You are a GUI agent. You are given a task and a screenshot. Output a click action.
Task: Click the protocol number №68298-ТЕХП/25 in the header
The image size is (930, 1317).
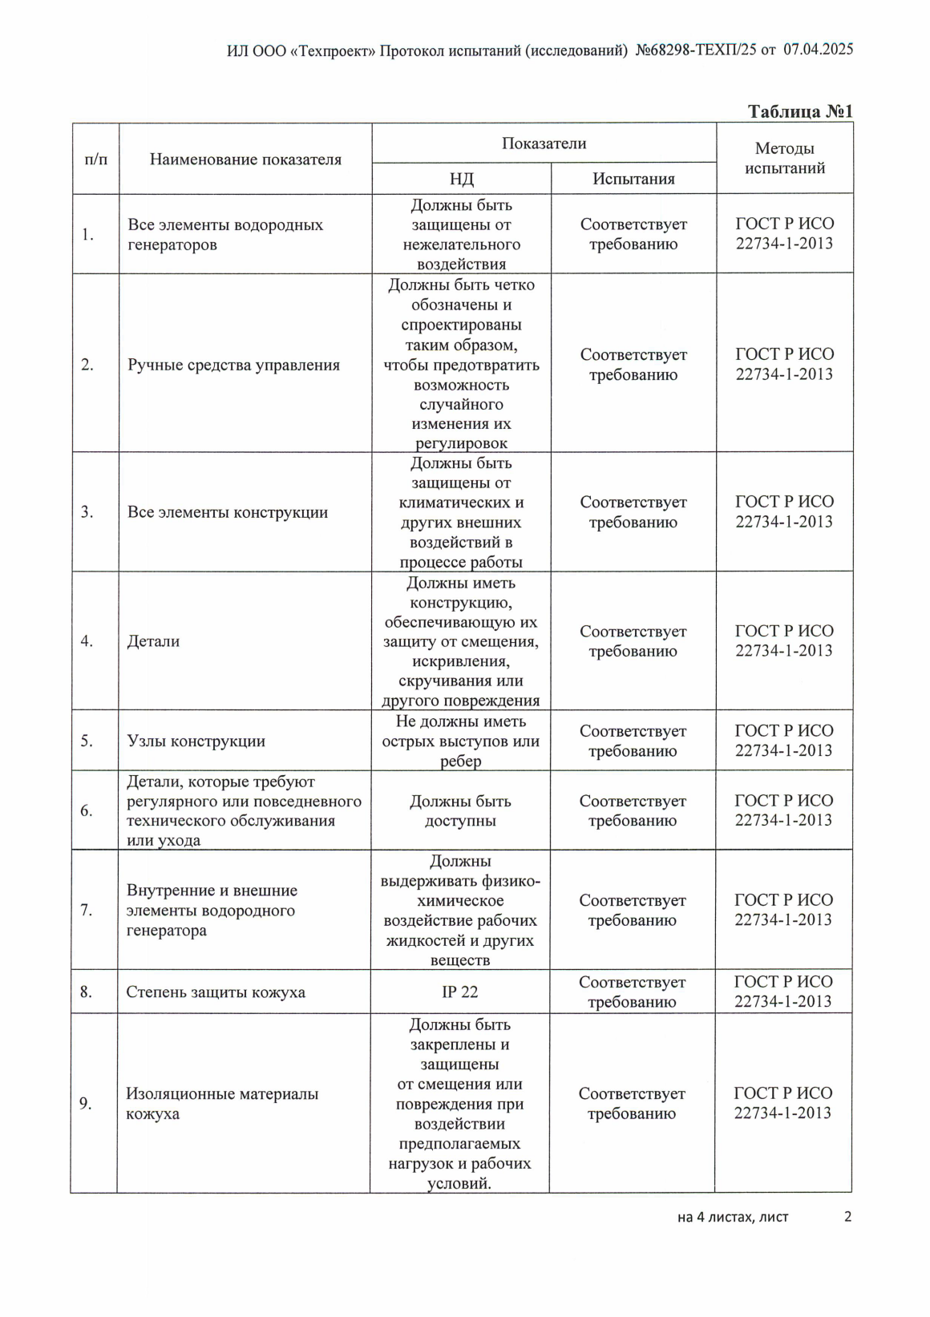[x=696, y=50]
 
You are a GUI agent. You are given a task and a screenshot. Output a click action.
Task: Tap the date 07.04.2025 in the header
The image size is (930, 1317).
[x=818, y=49]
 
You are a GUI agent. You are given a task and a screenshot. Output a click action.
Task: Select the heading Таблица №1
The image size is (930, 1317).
[x=799, y=111]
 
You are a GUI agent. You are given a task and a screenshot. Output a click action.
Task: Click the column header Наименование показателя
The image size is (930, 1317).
[x=245, y=160]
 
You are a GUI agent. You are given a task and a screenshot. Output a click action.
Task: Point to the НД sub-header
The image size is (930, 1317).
[x=461, y=179]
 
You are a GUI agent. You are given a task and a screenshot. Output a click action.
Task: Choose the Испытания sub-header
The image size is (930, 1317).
[x=633, y=179]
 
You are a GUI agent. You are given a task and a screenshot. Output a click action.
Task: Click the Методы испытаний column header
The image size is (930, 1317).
[x=784, y=158]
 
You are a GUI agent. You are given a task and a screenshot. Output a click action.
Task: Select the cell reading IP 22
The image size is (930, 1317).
[x=459, y=992]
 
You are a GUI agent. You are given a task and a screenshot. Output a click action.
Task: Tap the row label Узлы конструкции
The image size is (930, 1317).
[x=196, y=741]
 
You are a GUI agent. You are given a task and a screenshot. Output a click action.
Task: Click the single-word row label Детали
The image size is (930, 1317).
[x=153, y=641]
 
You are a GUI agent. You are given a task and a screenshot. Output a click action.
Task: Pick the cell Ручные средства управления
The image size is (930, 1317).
[x=233, y=366]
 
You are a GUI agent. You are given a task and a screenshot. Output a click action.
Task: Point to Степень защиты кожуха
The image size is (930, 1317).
[x=216, y=992]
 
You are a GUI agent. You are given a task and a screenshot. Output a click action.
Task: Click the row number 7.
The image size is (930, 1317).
[x=87, y=911]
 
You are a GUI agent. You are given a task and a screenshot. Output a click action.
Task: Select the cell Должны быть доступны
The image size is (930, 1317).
[x=460, y=810]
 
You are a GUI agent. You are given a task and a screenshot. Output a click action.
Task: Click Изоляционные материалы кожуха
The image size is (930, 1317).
[x=222, y=1104]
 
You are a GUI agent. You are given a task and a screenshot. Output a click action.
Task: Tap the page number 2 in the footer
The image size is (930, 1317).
[x=847, y=1217]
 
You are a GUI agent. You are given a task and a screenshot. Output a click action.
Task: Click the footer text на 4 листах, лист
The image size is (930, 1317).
[x=733, y=1218]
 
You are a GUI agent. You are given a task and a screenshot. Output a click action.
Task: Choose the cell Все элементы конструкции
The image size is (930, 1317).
[x=228, y=512]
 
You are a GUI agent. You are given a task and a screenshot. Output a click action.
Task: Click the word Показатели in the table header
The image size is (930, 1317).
[x=544, y=143]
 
